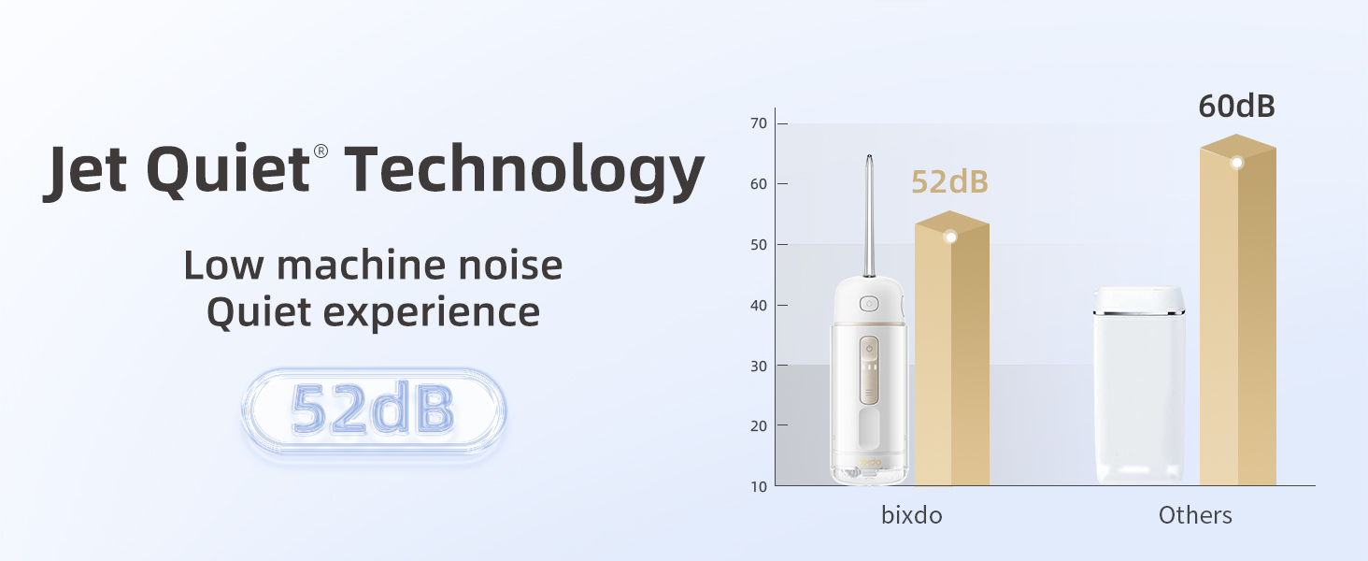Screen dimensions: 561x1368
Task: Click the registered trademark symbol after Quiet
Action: (x=321, y=151)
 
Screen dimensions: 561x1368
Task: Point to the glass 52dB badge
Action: (x=373, y=410)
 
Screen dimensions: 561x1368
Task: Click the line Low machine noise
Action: (x=373, y=266)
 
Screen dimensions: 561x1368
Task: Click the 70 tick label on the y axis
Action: (x=758, y=123)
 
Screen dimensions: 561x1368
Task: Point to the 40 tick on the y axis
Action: (x=758, y=305)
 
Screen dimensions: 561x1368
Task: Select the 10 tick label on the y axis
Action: (x=758, y=486)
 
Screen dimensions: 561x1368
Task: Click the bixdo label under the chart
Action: (x=911, y=515)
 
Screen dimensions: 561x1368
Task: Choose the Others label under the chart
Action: (x=1195, y=515)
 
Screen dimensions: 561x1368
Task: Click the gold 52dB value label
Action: (x=949, y=182)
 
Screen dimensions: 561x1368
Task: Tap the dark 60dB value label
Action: (x=1236, y=107)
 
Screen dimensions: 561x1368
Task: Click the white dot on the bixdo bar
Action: (x=950, y=237)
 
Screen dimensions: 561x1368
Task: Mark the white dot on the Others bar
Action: (x=1237, y=163)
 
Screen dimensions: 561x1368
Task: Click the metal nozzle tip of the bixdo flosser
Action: (x=870, y=168)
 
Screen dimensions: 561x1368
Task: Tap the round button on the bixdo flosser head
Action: (x=869, y=304)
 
